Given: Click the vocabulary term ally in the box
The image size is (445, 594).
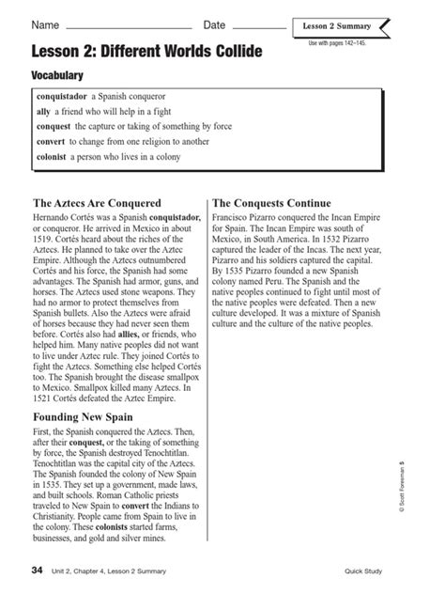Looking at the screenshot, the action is [x=43, y=111].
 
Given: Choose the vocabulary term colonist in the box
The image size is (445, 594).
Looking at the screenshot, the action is [x=52, y=160].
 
